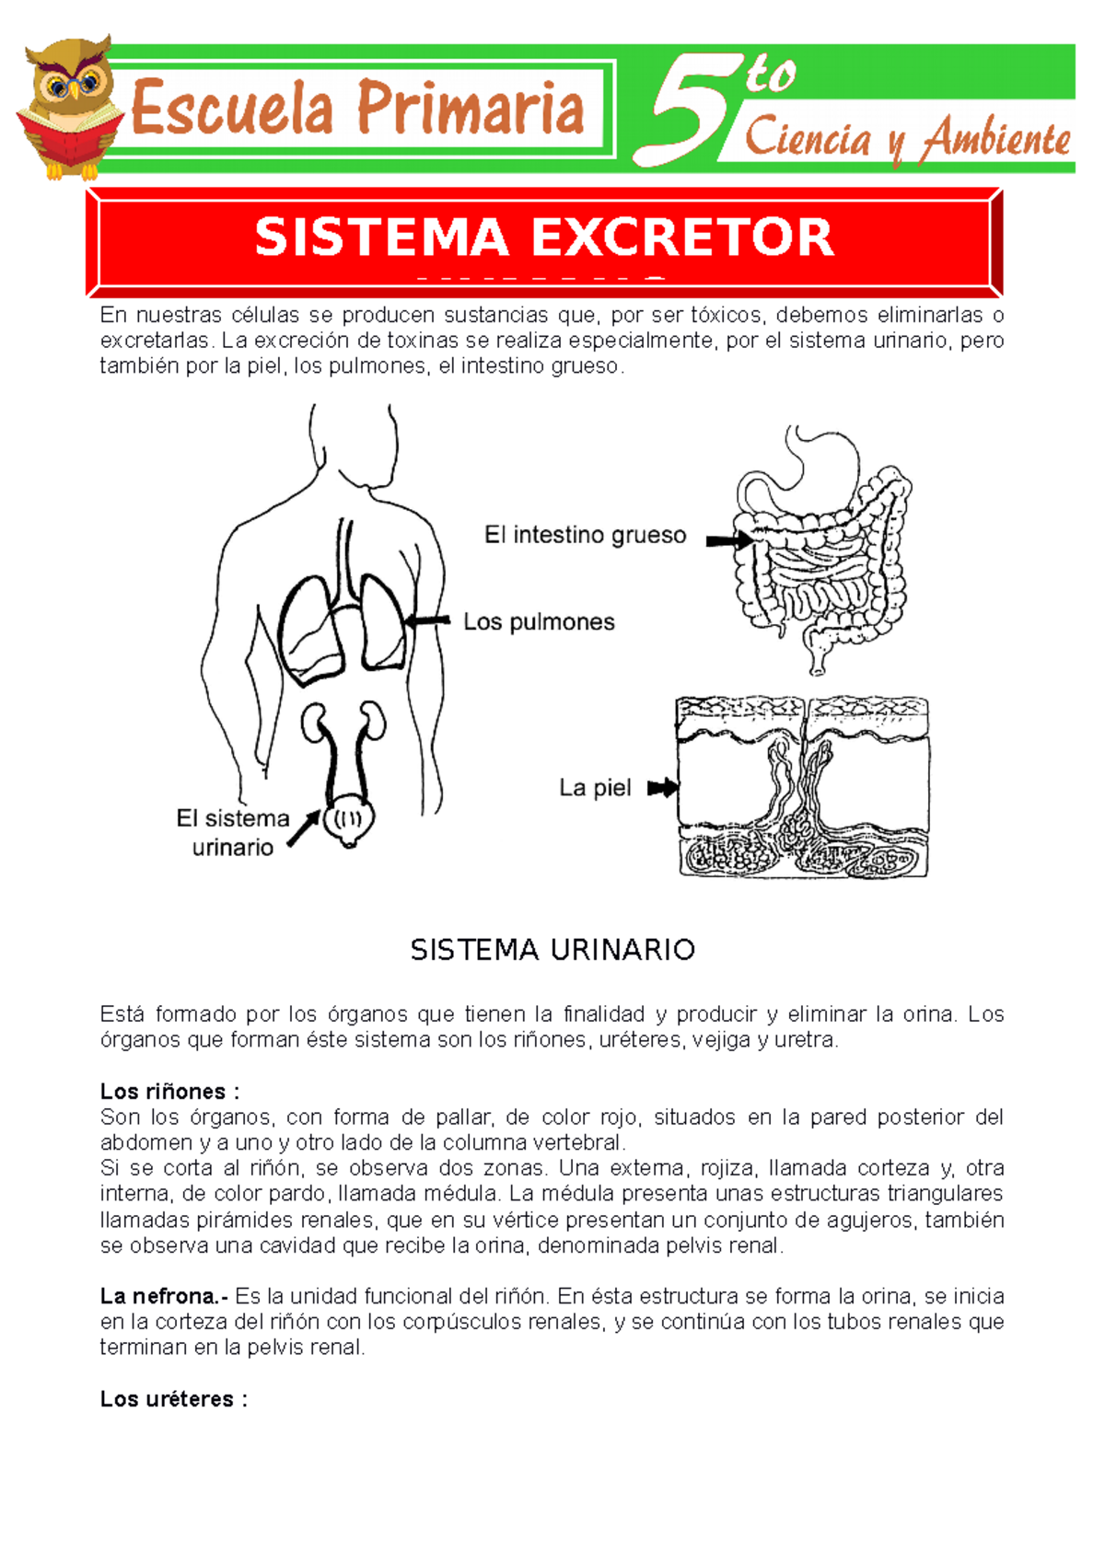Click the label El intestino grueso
point(585,535)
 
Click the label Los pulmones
point(539,622)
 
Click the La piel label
point(595,788)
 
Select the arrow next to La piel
point(662,788)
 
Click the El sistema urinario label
point(232,832)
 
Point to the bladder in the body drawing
point(349,819)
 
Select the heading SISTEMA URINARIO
point(552,950)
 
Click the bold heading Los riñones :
point(169,1092)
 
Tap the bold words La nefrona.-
point(164,1296)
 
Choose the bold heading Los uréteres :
point(173,1399)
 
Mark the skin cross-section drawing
point(803,787)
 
